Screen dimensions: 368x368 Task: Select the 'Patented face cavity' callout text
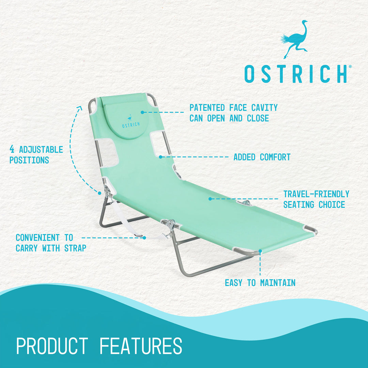233,113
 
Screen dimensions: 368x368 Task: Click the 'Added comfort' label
262,157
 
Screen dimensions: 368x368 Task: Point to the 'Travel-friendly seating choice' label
316,199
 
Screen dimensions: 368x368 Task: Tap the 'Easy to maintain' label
260,283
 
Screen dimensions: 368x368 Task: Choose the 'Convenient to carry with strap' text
51,243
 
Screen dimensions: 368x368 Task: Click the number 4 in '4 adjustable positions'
12,150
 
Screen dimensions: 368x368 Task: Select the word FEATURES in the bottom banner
141,346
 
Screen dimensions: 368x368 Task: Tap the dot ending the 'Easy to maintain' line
260,251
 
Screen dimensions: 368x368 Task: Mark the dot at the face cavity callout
142,112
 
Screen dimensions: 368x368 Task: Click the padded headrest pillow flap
125,119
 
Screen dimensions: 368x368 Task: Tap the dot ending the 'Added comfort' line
160,157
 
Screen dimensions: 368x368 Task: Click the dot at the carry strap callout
144,238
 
